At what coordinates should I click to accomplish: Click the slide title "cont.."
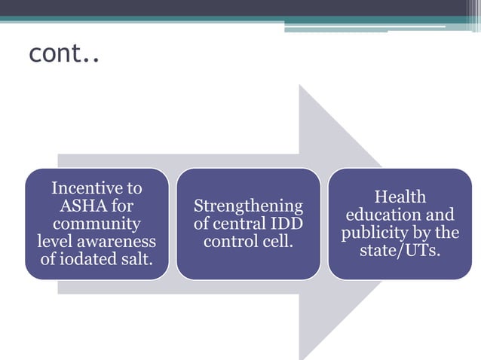tap(64, 53)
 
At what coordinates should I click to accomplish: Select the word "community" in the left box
tap(96, 224)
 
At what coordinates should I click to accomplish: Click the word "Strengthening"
tap(248, 206)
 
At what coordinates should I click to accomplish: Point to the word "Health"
tap(400, 197)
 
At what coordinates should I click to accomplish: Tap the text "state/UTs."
tap(400, 250)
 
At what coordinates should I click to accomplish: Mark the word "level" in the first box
tap(56, 242)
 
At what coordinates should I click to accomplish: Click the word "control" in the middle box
tap(231, 242)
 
